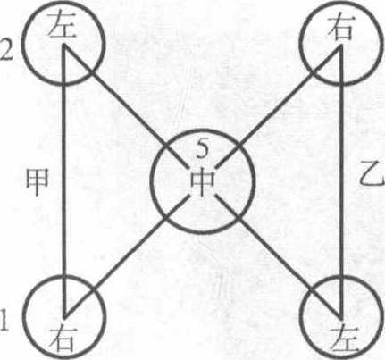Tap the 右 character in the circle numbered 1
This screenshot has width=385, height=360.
coord(62,339)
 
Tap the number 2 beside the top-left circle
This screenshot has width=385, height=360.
coord(6,53)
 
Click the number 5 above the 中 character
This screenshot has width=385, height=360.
coord(203,149)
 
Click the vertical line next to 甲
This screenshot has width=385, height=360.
coord(63,180)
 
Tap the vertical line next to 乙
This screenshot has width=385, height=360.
coord(341,180)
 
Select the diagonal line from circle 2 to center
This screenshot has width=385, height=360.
coord(125,105)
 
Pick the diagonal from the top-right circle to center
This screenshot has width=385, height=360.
coord(279,105)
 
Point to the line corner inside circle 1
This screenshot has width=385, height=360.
coord(64,315)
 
